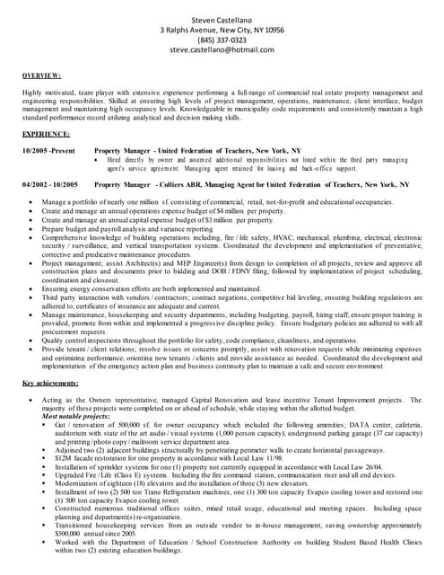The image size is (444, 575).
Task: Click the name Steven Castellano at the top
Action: tap(222, 19)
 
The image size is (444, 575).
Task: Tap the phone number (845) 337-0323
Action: tap(222, 40)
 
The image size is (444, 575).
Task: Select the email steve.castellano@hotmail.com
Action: tap(222, 51)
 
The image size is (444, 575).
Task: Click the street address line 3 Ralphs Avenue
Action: tap(222, 30)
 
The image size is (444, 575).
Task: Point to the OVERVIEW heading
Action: tap(41, 76)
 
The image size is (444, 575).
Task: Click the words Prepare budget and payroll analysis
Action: tap(97, 229)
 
